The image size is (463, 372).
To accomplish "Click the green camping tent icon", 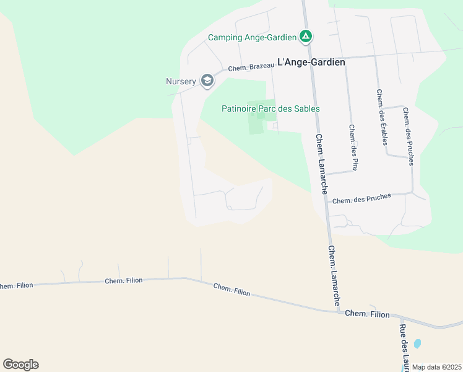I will pyautogui.click(x=305, y=37).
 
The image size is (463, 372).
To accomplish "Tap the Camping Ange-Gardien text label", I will pyautogui.click(x=252, y=37).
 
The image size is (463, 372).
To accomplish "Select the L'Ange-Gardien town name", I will pyautogui.click(x=311, y=62).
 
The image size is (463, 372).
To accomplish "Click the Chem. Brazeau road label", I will pyautogui.click(x=251, y=68).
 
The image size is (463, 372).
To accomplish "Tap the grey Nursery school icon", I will pyautogui.click(x=207, y=81).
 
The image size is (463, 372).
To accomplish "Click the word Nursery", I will pyautogui.click(x=181, y=81).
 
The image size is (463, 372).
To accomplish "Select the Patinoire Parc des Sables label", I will pyautogui.click(x=270, y=108).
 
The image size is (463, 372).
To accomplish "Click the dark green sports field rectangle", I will pyautogui.click(x=254, y=118).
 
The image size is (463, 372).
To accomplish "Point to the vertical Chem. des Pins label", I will pyautogui.click(x=353, y=148).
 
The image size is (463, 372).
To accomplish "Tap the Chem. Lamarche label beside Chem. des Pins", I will pyautogui.click(x=321, y=164).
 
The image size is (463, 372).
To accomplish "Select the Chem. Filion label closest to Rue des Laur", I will pyautogui.click(x=367, y=314).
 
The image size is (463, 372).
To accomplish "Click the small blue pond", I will pyautogui.click(x=417, y=343).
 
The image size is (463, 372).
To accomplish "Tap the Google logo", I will pyautogui.click(x=20, y=365).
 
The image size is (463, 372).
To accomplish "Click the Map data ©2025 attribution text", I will pyautogui.click(x=436, y=367).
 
